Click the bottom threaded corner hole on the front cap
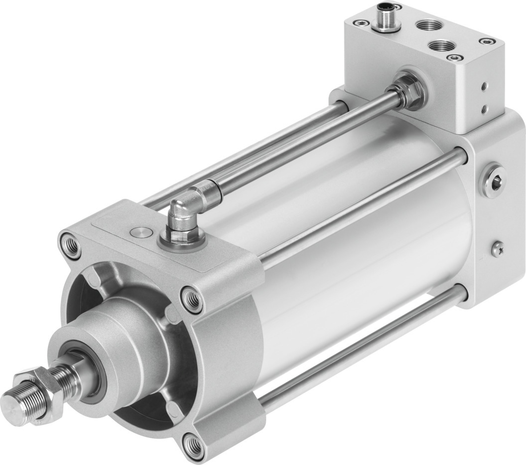tap(192, 441)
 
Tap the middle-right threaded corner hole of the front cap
tap(191, 298)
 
